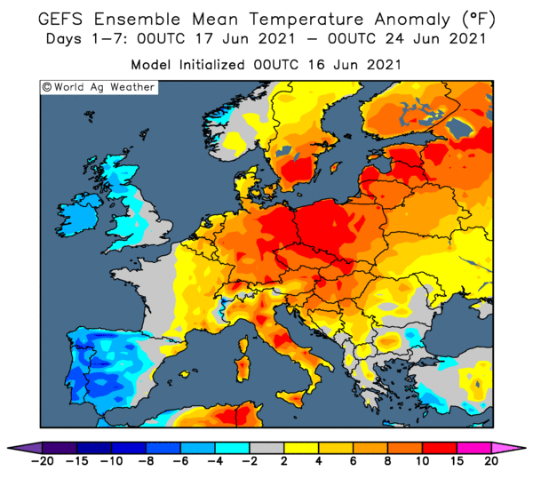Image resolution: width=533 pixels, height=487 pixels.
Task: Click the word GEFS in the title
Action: point(60,19)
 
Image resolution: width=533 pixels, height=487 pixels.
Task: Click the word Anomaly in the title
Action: point(412,20)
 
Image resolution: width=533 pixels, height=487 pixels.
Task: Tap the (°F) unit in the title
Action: point(478,20)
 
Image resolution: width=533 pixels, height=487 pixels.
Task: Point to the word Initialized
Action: point(211,65)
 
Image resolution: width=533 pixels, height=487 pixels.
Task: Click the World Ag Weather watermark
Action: point(99,87)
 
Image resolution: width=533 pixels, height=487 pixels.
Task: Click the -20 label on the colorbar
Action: point(43,461)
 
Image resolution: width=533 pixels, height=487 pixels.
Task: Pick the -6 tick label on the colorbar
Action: point(181,461)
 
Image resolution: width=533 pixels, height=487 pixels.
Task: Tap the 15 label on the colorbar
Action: point(457,461)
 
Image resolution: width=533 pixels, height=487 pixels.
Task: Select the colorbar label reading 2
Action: point(284,461)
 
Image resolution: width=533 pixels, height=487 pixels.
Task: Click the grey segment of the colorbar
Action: point(266,448)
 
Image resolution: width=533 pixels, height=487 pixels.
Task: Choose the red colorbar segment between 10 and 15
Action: point(440,448)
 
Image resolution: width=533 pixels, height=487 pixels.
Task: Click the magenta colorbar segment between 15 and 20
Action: point(473,448)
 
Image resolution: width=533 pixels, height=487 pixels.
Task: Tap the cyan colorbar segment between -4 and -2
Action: point(233,448)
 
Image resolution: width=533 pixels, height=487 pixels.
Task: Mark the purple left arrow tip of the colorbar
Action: point(8,448)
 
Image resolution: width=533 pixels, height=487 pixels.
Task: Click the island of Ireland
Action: point(79,214)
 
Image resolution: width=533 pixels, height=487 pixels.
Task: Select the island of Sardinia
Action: point(242,369)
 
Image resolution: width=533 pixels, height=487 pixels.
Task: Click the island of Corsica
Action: point(243,344)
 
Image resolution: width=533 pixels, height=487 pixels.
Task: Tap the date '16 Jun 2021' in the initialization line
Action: point(354,65)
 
